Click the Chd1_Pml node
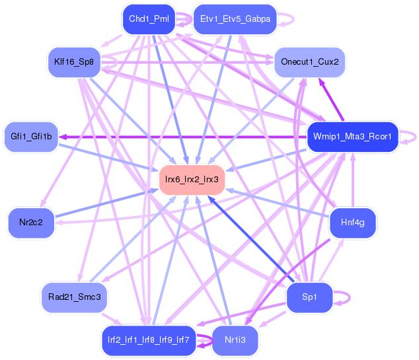coord(148,18)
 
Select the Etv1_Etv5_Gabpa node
coord(235,18)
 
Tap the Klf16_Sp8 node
coord(74,63)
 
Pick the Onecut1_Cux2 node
coord(309,61)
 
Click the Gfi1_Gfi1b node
coord(31,137)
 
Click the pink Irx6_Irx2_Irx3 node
coord(192,179)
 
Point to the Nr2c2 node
coord(32,222)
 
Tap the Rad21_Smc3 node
coord(74,297)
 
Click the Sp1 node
coord(309,297)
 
